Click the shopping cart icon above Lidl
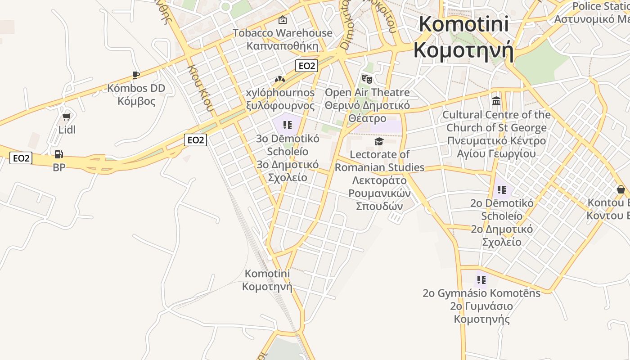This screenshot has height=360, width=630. [x=67, y=117]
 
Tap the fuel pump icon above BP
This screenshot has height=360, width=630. [x=58, y=154]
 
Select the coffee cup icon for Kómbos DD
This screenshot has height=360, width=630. [x=135, y=75]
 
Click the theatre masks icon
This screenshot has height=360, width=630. [x=367, y=80]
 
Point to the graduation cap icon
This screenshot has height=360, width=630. [x=379, y=142]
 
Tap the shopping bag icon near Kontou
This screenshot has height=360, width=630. [x=621, y=189]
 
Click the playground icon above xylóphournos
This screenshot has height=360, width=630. [x=280, y=79]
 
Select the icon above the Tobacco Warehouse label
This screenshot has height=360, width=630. [x=283, y=20]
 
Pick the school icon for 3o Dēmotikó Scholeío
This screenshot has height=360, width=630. [x=288, y=125]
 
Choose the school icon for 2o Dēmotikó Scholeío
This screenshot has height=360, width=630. [x=502, y=190]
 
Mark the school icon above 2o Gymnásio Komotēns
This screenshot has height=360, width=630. [x=481, y=280]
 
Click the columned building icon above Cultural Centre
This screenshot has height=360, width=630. [x=496, y=101]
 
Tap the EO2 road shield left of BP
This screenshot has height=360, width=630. [x=21, y=158]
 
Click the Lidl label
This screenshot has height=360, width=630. [x=67, y=130]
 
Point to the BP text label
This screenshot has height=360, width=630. [x=59, y=167]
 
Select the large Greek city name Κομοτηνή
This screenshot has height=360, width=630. [x=463, y=50]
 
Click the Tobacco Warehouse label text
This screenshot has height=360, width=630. [x=283, y=33]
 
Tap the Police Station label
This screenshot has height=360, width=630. [x=601, y=6]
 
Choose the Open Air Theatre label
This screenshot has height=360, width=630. [x=367, y=93]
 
